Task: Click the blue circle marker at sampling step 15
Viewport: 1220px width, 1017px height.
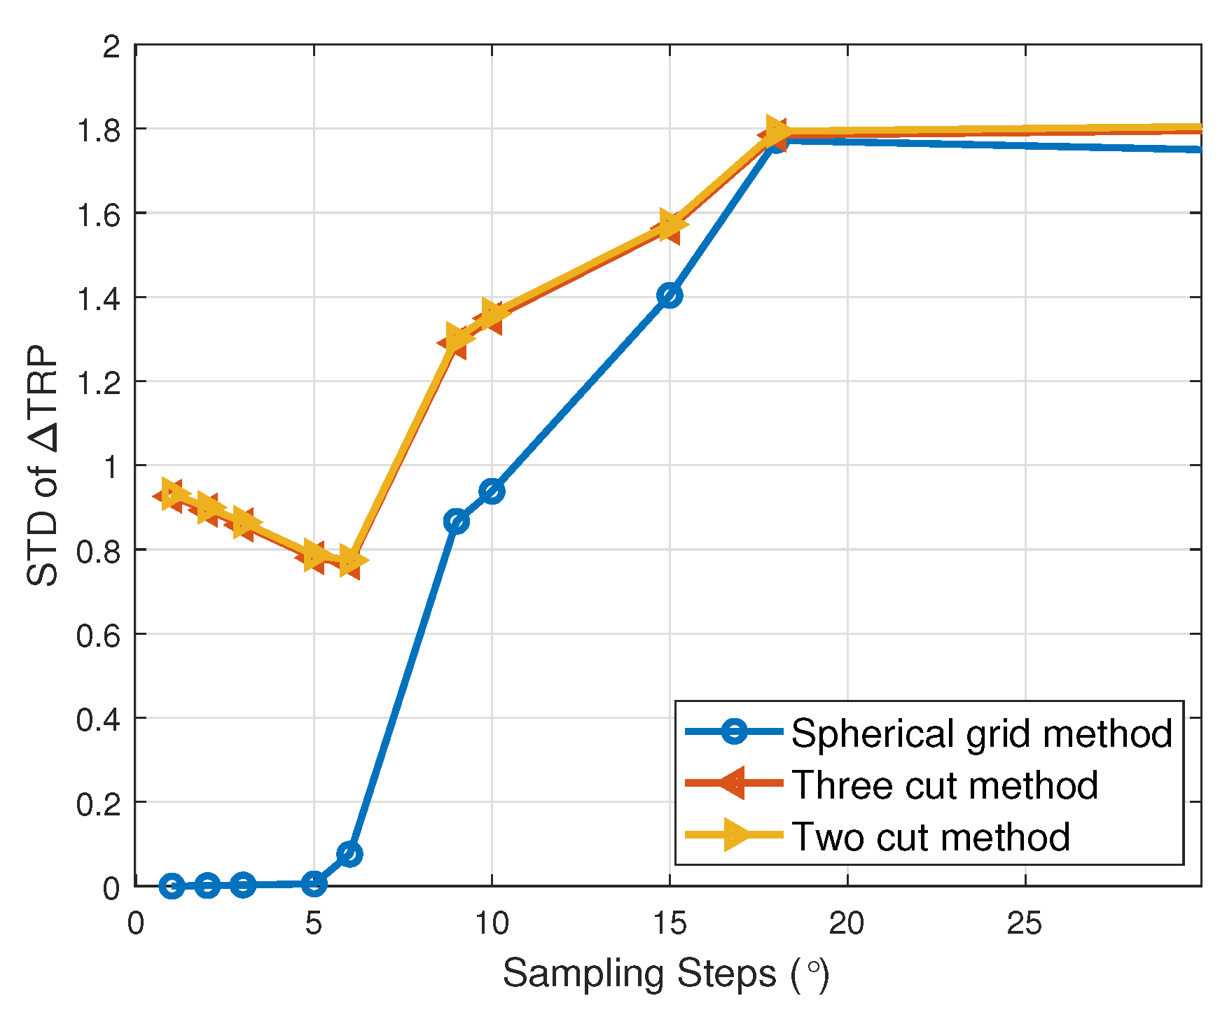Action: click(670, 295)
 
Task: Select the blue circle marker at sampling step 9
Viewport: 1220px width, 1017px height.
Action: click(456, 521)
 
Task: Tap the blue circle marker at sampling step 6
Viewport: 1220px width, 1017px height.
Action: click(349, 854)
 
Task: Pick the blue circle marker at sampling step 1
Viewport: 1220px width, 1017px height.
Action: click(172, 886)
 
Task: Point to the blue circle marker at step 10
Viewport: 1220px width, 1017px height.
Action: click(492, 491)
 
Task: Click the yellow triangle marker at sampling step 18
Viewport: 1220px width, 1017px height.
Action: click(777, 130)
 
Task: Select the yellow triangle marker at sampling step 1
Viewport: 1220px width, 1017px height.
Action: click(173, 493)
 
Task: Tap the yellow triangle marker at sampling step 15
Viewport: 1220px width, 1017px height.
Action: click(672, 223)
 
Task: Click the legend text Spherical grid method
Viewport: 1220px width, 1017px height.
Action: click(981, 734)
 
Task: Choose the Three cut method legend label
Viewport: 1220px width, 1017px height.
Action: click(944, 785)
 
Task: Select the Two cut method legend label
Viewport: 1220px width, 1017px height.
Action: click(930, 836)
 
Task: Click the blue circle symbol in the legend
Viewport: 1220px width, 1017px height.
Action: click(733, 732)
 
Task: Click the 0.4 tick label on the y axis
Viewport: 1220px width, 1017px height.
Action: click(97, 719)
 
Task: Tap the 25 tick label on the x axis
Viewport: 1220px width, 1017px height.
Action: click(1025, 925)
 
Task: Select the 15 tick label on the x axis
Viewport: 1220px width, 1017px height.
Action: click(670, 925)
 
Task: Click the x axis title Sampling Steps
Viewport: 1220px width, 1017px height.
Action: click(665, 974)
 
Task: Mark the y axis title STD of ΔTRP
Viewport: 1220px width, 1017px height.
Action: click(43, 465)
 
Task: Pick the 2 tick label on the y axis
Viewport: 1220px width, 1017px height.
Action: click(111, 47)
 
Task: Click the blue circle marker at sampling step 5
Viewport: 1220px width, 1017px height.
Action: click(314, 884)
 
